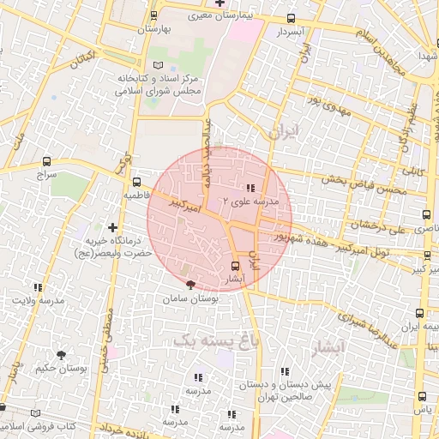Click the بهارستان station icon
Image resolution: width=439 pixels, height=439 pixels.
153,15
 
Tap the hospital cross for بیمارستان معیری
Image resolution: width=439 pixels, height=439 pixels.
219,3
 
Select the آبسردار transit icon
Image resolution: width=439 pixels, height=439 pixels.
291,18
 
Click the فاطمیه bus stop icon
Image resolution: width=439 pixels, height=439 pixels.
136,182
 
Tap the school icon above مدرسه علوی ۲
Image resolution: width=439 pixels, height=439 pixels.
250,188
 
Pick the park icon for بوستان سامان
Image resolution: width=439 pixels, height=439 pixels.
190,286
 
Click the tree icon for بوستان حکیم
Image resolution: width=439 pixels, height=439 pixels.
62,353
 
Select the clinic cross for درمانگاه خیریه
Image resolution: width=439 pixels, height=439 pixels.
111,226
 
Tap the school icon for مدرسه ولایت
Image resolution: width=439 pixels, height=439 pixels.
37,287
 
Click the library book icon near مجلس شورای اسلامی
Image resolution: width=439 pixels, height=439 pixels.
157,66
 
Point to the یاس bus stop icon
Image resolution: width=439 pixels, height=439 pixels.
421,395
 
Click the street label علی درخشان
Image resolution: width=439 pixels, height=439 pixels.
371,227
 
